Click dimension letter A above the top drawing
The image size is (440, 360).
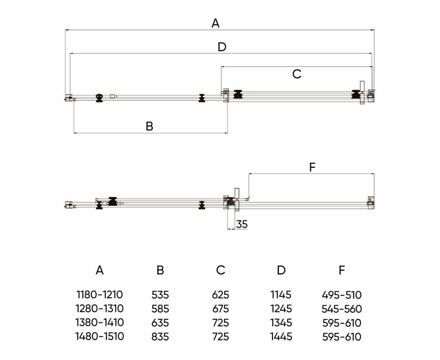click(215, 23)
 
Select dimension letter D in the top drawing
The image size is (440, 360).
click(222, 47)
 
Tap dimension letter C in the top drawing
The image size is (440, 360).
click(297, 74)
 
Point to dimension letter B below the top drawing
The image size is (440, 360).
click(149, 126)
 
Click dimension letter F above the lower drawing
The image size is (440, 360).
click(312, 167)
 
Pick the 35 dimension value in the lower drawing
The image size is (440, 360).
click(242, 224)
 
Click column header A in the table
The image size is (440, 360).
click(100, 270)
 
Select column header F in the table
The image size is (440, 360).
click(341, 270)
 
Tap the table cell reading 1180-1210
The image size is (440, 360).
click(100, 294)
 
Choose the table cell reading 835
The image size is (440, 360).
click(160, 337)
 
